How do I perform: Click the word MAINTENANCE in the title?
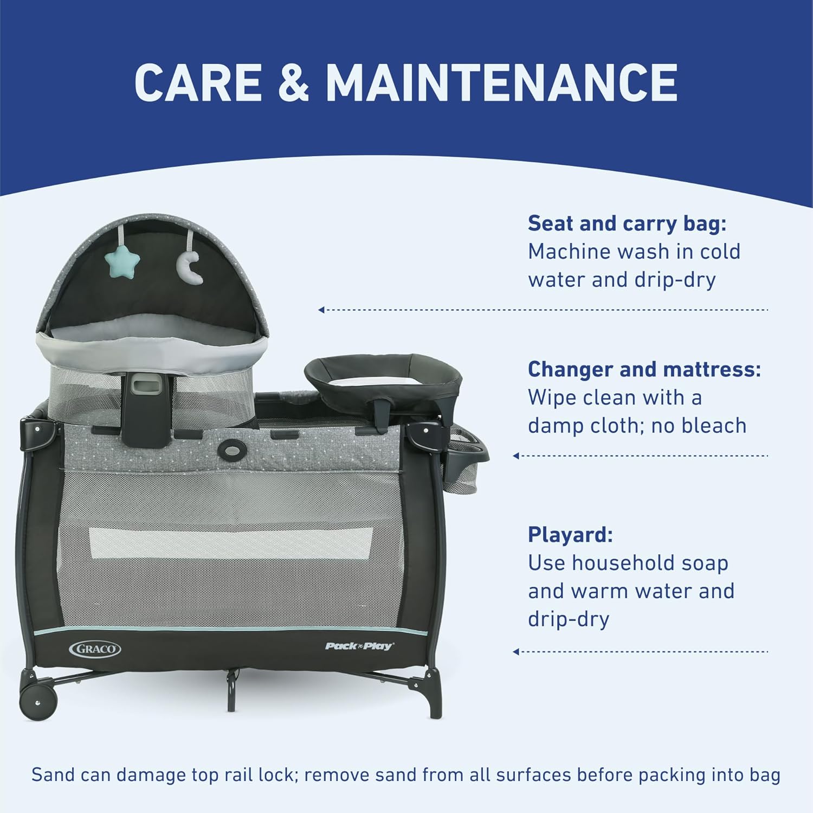tap(501, 82)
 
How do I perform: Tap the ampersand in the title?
tap(293, 82)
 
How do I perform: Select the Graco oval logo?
tap(95, 649)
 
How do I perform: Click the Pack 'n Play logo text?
tap(359, 646)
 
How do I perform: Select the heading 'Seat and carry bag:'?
tap(627, 223)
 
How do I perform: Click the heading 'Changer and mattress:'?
tap(644, 369)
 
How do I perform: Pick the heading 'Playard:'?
tap(570, 535)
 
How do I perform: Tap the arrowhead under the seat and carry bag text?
tap(321, 310)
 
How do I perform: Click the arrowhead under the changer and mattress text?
tap(516, 456)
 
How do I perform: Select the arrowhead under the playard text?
tap(516, 651)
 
